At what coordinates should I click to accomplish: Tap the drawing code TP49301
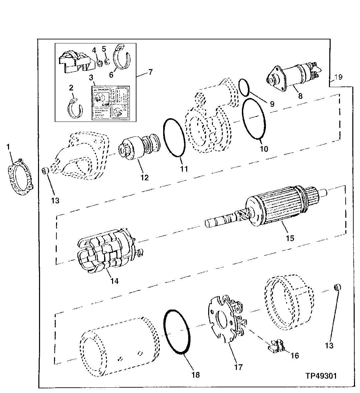point(321,376)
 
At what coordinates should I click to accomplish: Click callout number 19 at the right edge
point(338,77)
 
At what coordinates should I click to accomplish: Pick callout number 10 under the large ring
point(264,148)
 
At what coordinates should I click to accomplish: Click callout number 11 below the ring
point(184,169)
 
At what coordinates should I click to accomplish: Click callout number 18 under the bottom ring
point(196,375)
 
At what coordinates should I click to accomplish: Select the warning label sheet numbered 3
point(111,103)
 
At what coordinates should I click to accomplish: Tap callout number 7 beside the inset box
point(150,72)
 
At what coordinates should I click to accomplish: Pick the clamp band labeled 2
point(75,108)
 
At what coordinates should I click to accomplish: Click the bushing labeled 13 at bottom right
point(337,287)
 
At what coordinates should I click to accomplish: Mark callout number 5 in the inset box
point(104,49)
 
